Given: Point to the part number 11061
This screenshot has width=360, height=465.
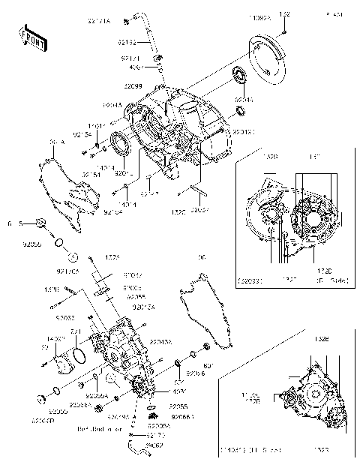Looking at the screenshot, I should [x=95, y=125].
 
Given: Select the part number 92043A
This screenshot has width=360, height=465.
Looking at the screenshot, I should [x=160, y=341].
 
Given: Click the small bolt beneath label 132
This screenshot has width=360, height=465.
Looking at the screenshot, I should [x=286, y=31].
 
